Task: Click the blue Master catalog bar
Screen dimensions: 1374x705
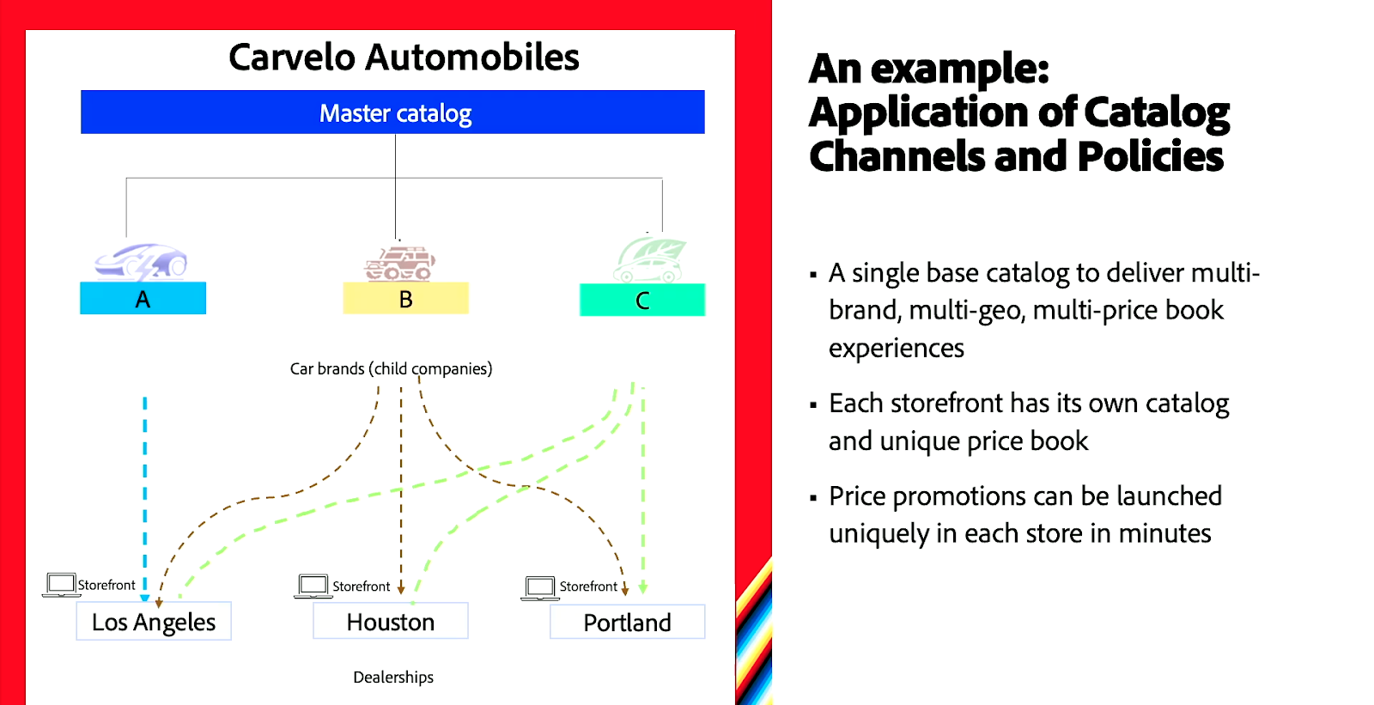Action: (392, 112)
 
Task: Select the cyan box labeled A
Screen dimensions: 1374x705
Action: (143, 298)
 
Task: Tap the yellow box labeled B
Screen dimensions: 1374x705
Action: (405, 298)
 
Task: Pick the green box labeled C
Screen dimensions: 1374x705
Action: (642, 300)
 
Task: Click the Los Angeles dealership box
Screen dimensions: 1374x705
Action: (154, 621)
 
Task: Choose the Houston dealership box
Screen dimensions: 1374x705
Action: (391, 621)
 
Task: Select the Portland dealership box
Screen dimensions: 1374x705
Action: (628, 622)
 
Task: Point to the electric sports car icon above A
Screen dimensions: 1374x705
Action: (141, 262)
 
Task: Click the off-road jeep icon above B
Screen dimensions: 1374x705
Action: (400, 264)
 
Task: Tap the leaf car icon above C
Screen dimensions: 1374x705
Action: (649, 260)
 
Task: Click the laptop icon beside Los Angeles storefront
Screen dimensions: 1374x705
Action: (61, 585)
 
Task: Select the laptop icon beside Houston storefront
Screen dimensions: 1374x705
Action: (313, 586)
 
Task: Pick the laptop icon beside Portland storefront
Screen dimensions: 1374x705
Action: (540, 588)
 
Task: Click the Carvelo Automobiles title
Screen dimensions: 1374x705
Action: (404, 57)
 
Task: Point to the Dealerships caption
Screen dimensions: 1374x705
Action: (393, 677)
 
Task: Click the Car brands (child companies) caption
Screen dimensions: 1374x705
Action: (391, 368)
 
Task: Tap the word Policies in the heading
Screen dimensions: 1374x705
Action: (1150, 155)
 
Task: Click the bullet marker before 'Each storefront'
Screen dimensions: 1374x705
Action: (813, 405)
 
